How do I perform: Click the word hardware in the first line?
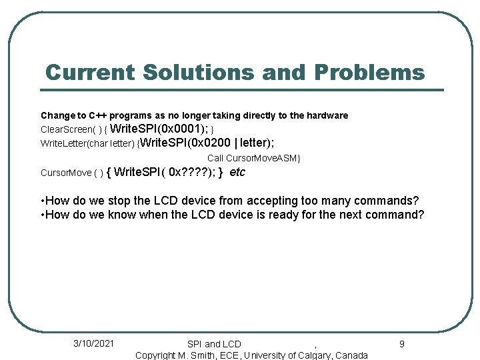point(327,115)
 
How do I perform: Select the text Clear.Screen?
point(64,129)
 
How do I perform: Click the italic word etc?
point(237,173)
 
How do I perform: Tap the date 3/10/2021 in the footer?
point(93,343)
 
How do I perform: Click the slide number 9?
point(401,344)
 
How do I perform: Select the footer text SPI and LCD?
point(214,344)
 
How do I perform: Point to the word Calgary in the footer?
point(307,355)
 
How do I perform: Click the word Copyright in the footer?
point(155,355)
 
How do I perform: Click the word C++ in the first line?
point(95,115)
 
